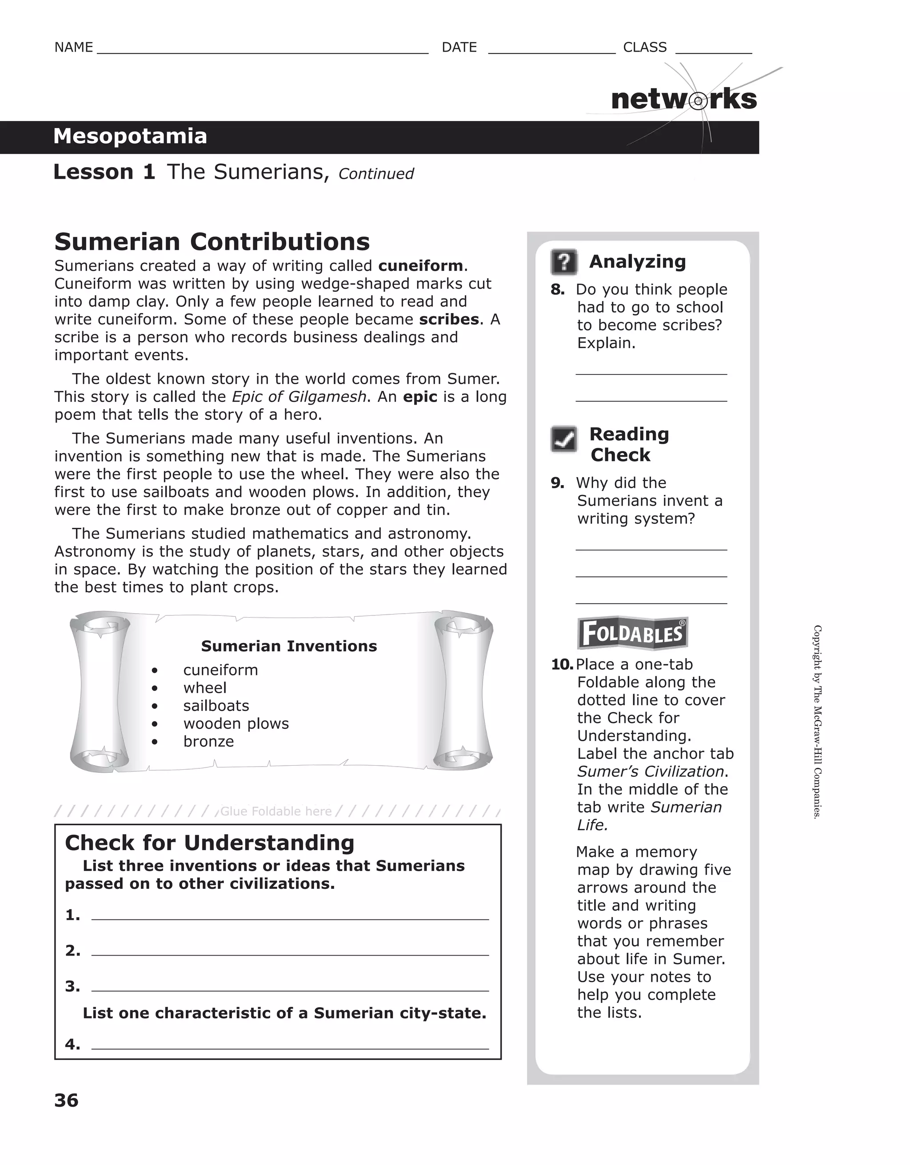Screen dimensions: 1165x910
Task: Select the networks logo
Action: point(683,100)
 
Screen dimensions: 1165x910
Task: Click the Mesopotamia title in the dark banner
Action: point(130,137)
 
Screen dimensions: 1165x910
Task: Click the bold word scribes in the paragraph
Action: point(449,320)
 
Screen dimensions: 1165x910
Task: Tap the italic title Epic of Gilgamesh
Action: point(299,397)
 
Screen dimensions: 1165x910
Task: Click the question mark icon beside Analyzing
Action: point(563,262)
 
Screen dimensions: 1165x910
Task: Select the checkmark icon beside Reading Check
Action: point(563,439)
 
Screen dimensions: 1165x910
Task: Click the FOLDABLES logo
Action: point(632,634)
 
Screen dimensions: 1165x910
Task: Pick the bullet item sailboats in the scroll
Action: point(216,706)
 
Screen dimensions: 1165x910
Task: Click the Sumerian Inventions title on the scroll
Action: point(288,646)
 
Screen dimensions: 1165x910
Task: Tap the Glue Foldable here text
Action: point(275,811)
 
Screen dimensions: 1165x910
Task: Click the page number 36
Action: point(66,1101)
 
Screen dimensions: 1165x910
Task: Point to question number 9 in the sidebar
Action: point(557,483)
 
